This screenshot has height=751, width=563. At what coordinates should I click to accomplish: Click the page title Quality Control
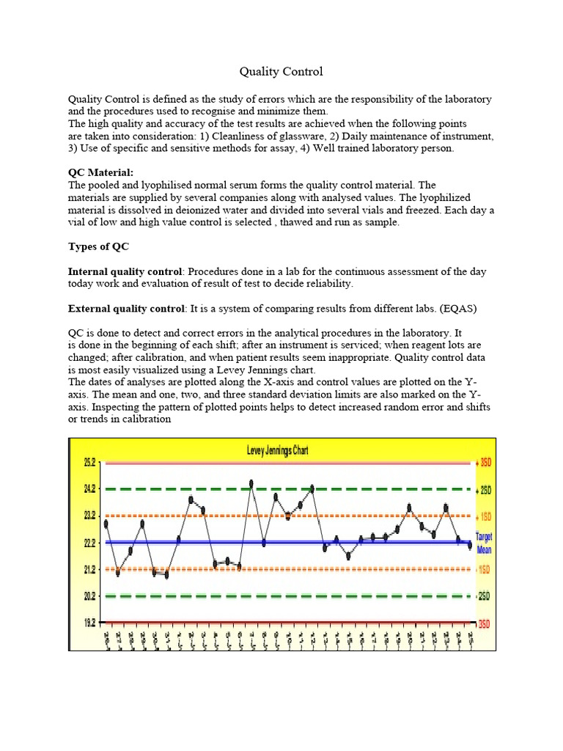point(281,71)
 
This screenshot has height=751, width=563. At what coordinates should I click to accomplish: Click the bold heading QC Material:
point(101,172)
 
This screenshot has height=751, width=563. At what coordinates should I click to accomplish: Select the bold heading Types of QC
point(98,246)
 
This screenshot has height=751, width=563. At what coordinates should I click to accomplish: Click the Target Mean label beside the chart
point(485,543)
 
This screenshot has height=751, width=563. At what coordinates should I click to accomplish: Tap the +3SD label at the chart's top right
point(485,463)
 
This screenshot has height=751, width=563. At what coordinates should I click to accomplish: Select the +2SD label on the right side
point(485,489)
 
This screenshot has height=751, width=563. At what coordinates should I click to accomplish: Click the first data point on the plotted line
point(106,524)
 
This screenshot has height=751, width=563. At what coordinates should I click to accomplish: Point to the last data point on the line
point(470,545)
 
